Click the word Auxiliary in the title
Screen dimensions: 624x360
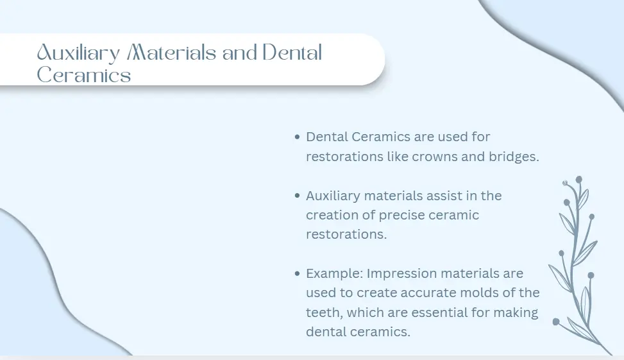pyautogui.click(x=78, y=53)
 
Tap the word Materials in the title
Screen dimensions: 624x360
pyautogui.click(x=172, y=53)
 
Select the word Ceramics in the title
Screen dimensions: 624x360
pyautogui.click(x=84, y=74)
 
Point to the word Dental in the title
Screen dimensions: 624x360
pyautogui.click(x=292, y=53)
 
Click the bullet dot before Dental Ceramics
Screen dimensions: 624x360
pyautogui.click(x=298, y=137)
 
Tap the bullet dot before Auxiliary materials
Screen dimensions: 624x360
pyautogui.click(x=298, y=196)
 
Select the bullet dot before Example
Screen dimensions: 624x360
pyautogui.click(x=298, y=273)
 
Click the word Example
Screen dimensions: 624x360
pyautogui.click(x=335, y=274)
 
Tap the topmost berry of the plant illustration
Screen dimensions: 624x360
pyautogui.click(x=579, y=180)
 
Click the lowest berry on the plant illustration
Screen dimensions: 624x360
pyautogui.click(x=557, y=321)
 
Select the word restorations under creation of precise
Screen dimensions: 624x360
pyautogui.click(x=346, y=235)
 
